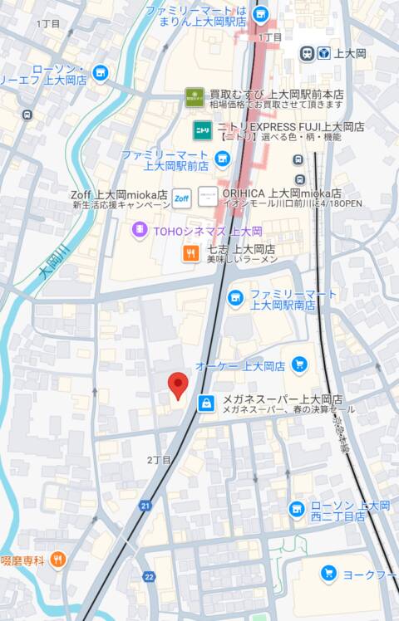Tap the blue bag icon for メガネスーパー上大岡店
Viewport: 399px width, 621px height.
click(x=206, y=403)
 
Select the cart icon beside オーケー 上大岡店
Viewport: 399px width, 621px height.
click(x=298, y=365)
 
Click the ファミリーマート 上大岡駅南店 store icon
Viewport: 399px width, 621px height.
click(x=236, y=297)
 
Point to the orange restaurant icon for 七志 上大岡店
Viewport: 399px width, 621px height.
click(x=191, y=254)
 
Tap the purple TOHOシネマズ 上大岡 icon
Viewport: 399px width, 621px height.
click(x=140, y=231)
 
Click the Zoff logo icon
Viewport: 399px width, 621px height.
click(x=182, y=198)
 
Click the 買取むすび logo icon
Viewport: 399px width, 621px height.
click(x=195, y=97)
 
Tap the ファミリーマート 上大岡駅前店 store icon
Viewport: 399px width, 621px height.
click(x=221, y=159)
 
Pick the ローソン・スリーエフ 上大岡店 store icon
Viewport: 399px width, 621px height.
click(x=101, y=73)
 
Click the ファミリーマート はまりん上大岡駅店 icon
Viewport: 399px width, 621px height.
click(x=260, y=13)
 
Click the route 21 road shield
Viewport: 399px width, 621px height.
click(x=146, y=506)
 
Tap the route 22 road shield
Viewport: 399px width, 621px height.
click(x=149, y=576)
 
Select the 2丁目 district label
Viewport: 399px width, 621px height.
click(x=159, y=460)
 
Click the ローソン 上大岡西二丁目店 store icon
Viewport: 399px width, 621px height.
click(x=296, y=508)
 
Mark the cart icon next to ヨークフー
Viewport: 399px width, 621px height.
click(x=328, y=573)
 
